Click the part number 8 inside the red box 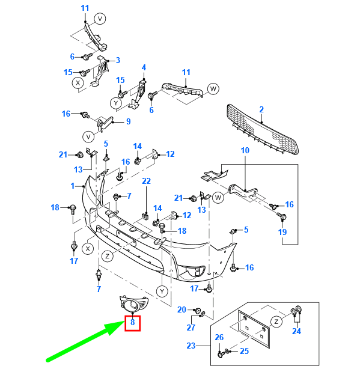(132, 322)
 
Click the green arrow (85, 340)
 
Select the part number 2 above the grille (261, 109)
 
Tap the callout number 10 (245, 150)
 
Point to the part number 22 (147, 181)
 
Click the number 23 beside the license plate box (191, 346)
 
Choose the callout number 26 (219, 337)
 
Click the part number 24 (296, 331)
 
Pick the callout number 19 (282, 232)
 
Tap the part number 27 (191, 328)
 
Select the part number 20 (182, 309)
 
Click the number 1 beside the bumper (73, 186)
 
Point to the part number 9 (129, 121)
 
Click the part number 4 (144, 67)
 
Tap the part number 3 (118, 60)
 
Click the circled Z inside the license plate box (276, 322)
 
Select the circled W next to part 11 (213, 89)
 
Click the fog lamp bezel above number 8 (133, 304)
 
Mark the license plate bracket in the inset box (254, 329)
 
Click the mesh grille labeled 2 (263, 129)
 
